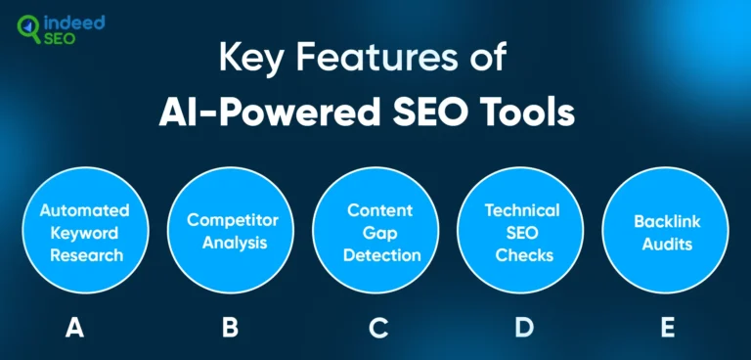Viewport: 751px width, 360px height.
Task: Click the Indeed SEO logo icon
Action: click(x=29, y=30)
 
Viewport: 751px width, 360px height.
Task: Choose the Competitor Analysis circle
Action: click(x=229, y=234)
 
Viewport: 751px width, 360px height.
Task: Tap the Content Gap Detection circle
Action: click(x=375, y=234)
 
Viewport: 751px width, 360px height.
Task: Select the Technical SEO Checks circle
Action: click(x=522, y=234)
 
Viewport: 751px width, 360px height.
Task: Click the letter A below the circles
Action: click(x=74, y=328)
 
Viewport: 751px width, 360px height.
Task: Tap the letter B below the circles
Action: click(x=229, y=328)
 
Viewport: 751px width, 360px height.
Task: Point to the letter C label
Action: click(x=378, y=328)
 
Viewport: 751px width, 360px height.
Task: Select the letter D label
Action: click(x=523, y=328)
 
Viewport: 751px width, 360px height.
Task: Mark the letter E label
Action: click(x=668, y=328)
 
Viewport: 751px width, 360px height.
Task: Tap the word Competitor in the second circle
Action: click(x=229, y=221)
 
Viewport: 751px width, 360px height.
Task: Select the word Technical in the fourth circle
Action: click(x=522, y=211)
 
